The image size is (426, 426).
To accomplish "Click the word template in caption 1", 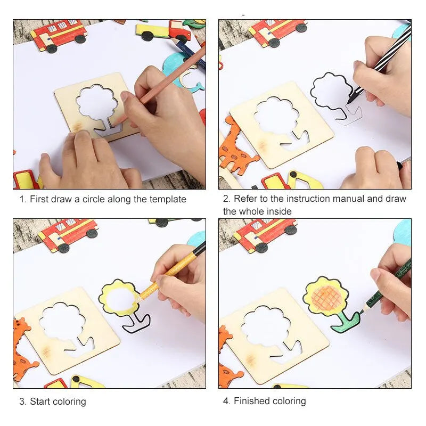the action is point(168,199).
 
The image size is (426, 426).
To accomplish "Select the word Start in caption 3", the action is point(42,402).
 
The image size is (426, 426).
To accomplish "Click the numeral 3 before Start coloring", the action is point(22,402).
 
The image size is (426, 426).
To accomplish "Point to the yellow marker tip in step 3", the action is point(138,299).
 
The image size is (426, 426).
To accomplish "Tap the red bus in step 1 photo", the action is point(59,35).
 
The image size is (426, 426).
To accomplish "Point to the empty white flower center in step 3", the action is point(119,299).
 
